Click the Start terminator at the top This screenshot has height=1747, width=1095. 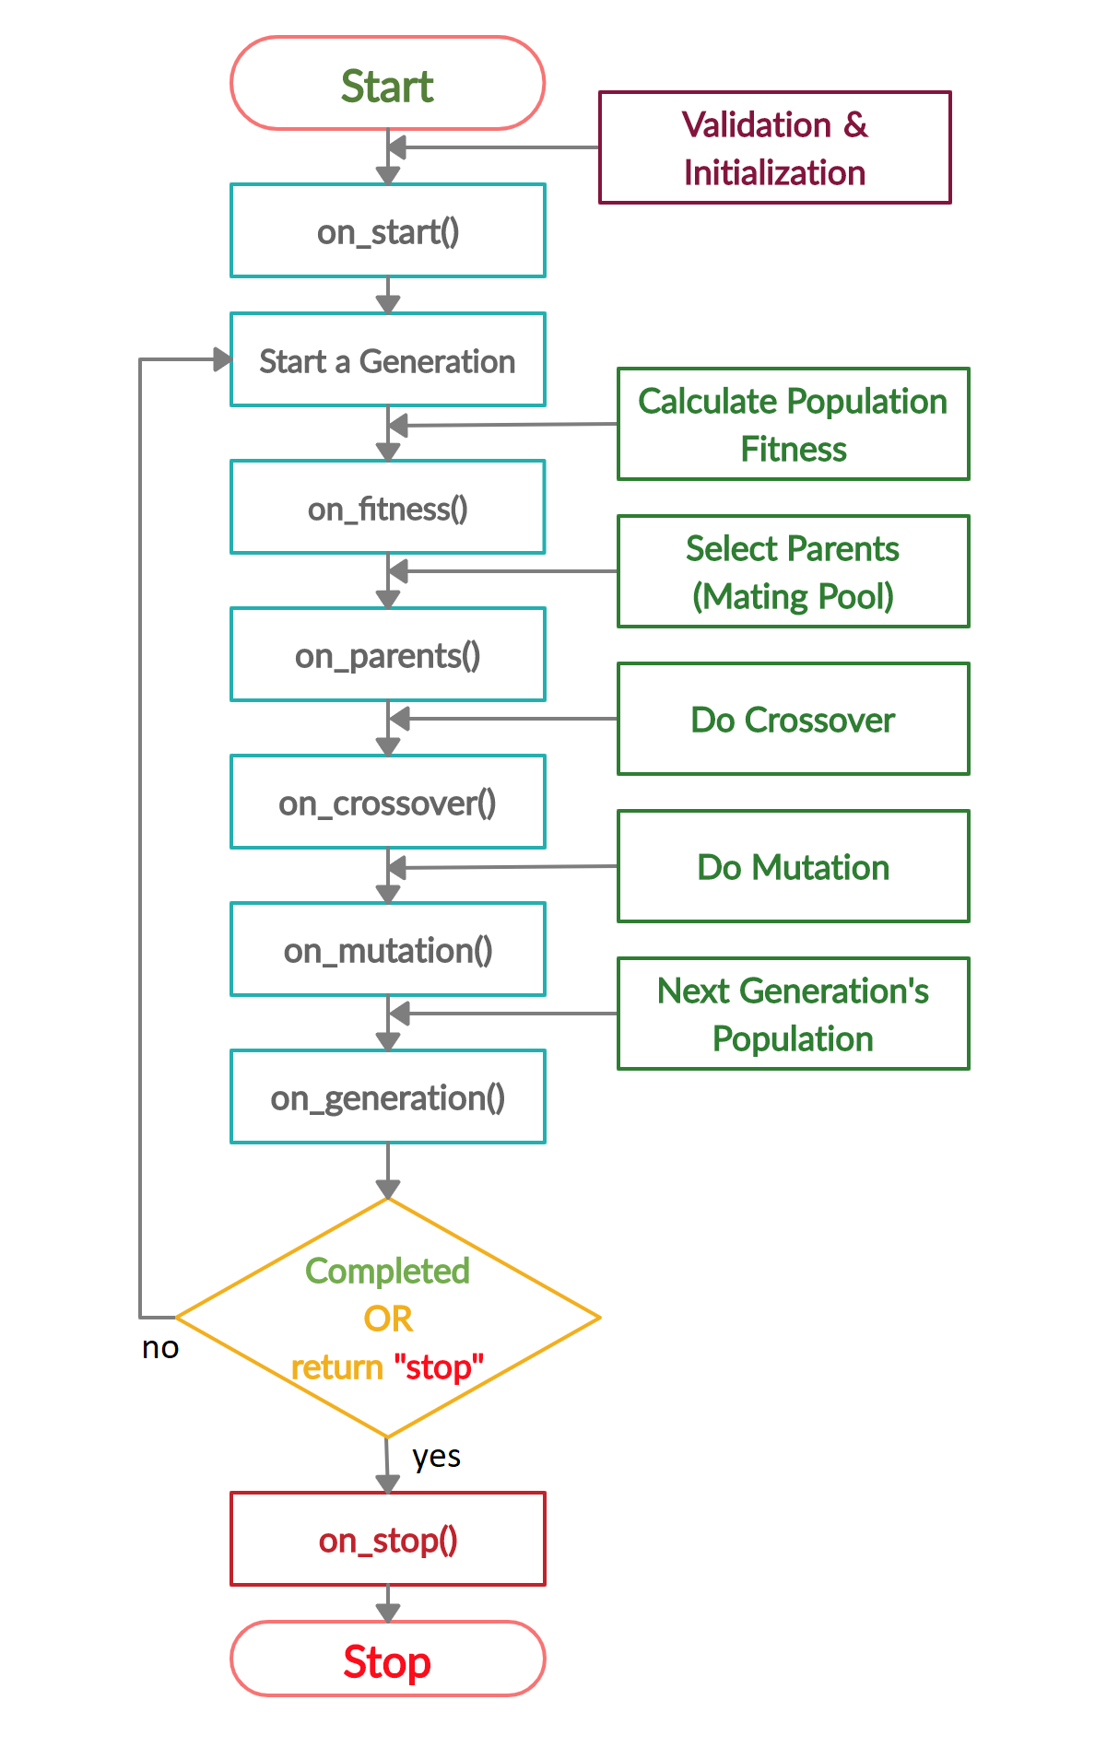click(387, 84)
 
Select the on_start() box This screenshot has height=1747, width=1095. click(387, 230)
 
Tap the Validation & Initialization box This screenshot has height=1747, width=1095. click(774, 147)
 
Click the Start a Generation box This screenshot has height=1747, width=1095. click(387, 359)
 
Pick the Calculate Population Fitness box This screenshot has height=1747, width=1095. click(793, 424)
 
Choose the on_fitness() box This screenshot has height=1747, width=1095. click(387, 507)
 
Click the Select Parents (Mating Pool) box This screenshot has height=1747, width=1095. click(793, 571)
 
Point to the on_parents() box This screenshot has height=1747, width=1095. click(387, 654)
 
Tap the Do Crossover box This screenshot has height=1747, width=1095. click(793, 719)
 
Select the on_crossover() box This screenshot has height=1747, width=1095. click(387, 802)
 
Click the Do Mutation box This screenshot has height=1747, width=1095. click(793, 866)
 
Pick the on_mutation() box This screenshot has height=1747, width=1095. click(387, 949)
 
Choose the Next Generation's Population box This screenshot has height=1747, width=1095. click(793, 1014)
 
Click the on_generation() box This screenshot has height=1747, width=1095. click(387, 1096)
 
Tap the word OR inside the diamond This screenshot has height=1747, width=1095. click(388, 1319)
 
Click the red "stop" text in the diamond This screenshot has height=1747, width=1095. click(438, 1366)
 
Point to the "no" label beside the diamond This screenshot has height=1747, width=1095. click(160, 1348)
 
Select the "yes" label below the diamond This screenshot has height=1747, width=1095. click(436, 1457)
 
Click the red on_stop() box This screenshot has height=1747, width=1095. click(387, 1539)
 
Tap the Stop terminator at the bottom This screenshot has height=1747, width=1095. click(387, 1661)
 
